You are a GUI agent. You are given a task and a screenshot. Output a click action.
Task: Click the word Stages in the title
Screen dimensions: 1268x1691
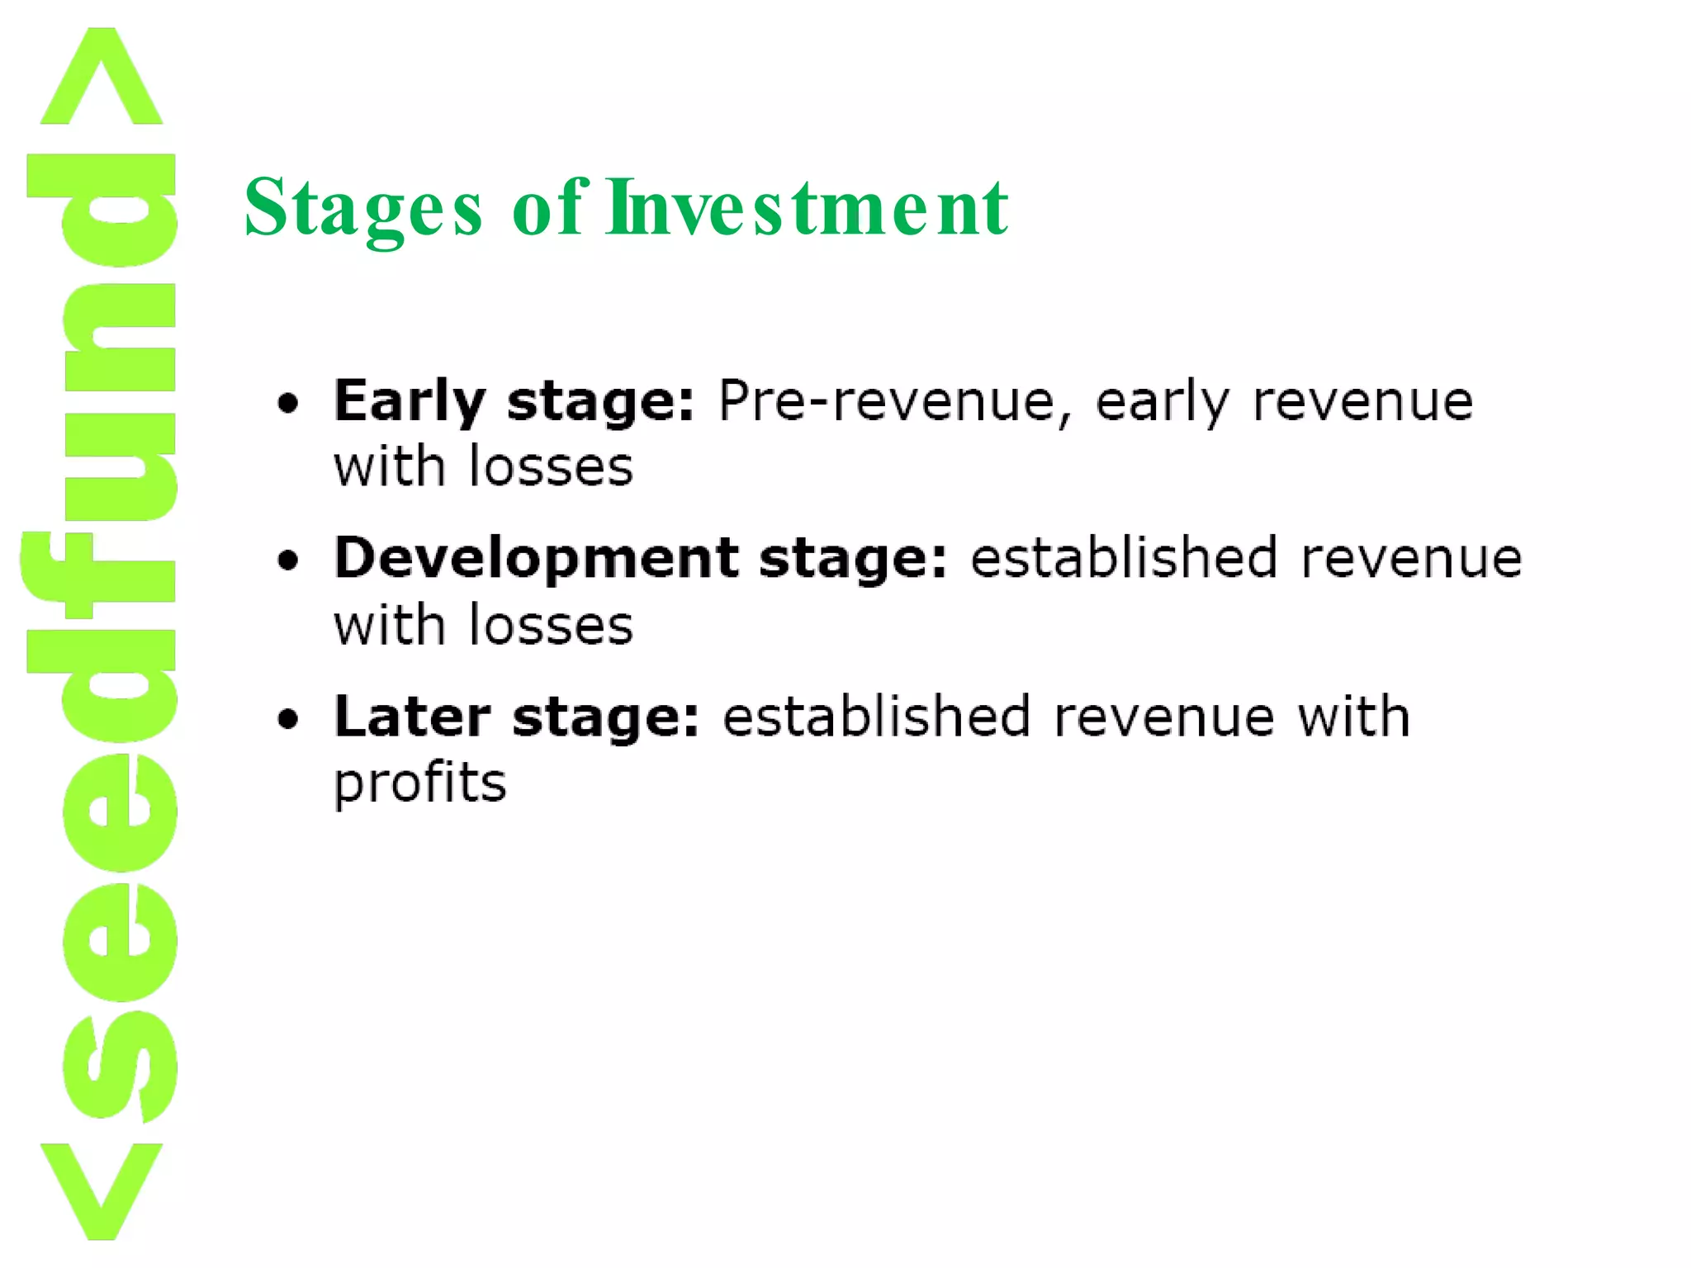click(362, 208)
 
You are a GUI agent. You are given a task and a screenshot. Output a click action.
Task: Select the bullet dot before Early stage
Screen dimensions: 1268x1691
click(288, 404)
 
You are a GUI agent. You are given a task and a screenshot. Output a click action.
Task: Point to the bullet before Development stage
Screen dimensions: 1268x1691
click(288, 561)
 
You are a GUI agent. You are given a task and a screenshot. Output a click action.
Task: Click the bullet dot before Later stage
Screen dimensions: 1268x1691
click(288, 719)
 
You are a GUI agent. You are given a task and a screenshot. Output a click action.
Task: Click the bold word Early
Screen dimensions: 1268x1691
click(409, 402)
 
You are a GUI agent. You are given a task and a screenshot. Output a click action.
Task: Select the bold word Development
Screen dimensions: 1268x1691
click(536, 558)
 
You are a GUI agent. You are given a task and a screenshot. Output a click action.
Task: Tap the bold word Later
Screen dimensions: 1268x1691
click(412, 716)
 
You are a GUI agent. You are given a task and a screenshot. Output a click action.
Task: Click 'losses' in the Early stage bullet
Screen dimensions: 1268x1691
click(551, 467)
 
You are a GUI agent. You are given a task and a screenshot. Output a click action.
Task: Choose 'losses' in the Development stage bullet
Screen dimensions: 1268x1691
click(551, 625)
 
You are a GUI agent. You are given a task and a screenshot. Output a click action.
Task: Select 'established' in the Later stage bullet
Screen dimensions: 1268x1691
click(876, 716)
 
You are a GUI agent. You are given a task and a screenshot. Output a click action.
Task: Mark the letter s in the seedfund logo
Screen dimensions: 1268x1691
click(120, 1065)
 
